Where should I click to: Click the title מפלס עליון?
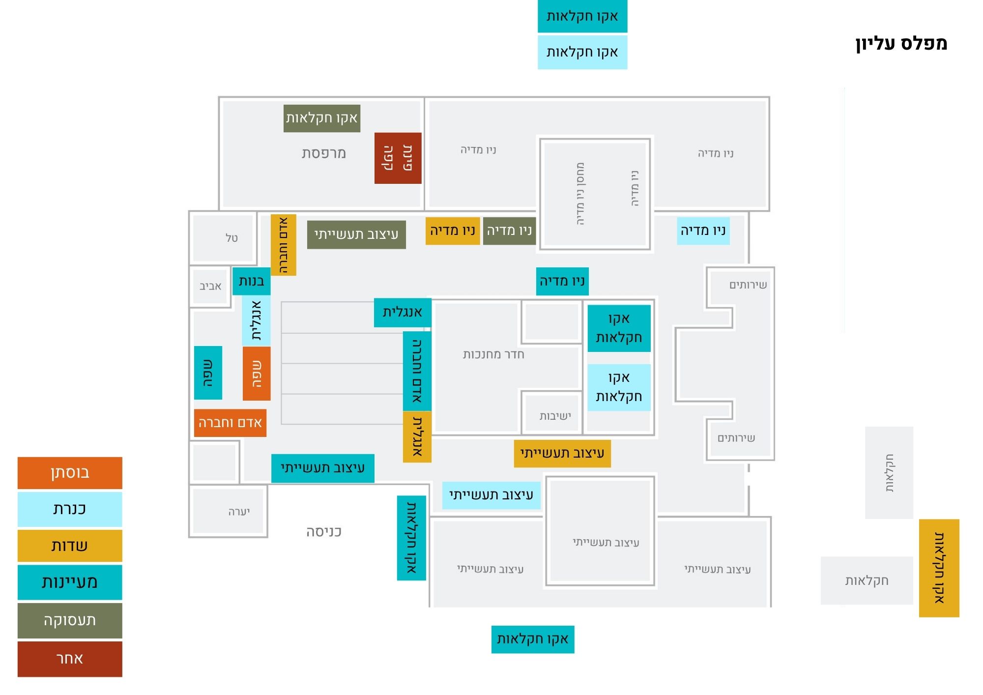901,43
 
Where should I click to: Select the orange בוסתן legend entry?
70,473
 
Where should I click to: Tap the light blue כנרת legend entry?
70,509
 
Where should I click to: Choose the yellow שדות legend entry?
70,546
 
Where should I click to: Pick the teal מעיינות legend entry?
70,582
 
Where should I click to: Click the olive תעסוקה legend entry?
70,621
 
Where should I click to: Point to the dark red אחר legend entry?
70,659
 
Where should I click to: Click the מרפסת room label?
324,153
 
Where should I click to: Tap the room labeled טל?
231,238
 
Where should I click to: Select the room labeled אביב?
210,286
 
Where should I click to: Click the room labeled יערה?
239,512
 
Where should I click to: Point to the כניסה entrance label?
324,532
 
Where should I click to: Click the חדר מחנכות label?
493,354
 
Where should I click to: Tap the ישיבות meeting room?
555,416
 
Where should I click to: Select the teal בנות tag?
251,281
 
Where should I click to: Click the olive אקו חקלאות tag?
322,118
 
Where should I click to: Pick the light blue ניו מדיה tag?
703,231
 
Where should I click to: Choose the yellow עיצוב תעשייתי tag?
562,453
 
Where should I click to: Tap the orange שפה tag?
257,374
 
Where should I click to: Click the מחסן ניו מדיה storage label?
580,194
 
